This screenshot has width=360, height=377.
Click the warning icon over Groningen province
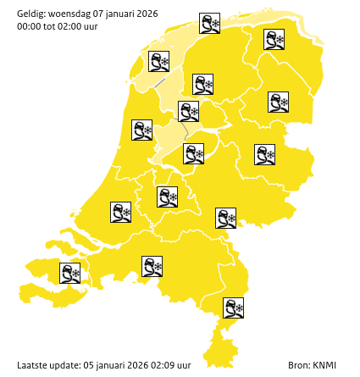pyautogui.click(x=274, y=40)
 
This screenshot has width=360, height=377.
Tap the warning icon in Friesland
pyautogui.click(x=202, y=84)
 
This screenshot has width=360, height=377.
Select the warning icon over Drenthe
pyautogui.click(x=279, y=103)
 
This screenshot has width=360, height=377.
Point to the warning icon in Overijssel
pyautogui.click(x=265, y=154)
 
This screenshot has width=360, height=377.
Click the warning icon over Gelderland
pyautogui.click(x=225, y=218)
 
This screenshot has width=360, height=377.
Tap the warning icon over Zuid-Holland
pyautogui.click(x=121, y=212)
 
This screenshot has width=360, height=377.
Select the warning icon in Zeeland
pyautogui.click(x=70, y=273)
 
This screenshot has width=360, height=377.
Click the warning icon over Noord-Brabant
pyautogui.click(x=152, y=267)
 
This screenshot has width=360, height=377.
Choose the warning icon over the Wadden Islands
pyautogui.click(x=210, y=23)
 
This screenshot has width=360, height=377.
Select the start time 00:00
pyautogui.click(x=29, y=26)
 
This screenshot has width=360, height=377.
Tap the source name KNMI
pyautogui.click(x=324, y=365)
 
